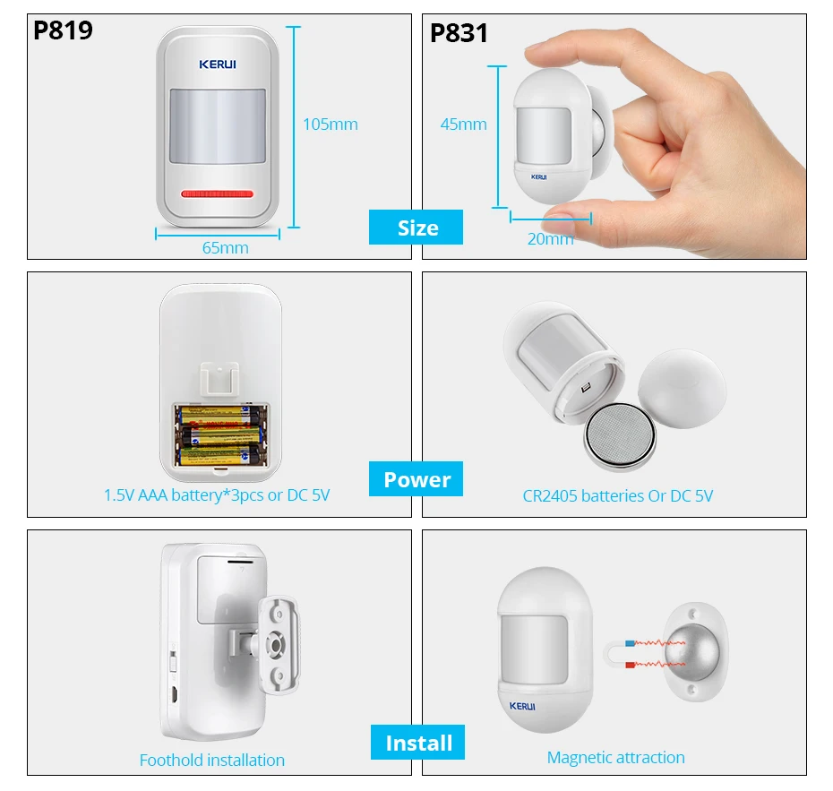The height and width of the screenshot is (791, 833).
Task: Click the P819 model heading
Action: tap(63, 30)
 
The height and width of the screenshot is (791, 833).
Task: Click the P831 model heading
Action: tap(459, 33)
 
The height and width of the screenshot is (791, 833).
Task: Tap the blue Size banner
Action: tap(416, 228)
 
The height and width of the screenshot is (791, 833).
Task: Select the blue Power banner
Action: tap(416, 479)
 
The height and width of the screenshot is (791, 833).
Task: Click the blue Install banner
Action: tap(418, 743)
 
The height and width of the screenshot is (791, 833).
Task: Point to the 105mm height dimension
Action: tap(330, 125)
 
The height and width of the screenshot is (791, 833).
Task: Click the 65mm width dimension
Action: tap(225, 247)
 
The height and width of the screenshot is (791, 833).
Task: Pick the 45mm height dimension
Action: tap(463, 125)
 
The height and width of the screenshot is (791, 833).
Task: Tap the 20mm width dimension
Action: tap(550, 238)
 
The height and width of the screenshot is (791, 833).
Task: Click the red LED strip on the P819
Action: tap(218, 193)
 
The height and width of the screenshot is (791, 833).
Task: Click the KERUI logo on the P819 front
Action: tap(218, 64)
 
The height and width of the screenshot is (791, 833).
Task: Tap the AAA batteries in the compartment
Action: tap(220, 434)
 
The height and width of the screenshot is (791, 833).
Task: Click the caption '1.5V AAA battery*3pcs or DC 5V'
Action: tap(217, 494)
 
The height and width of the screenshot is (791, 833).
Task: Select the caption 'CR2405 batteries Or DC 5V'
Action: tap(617, 495)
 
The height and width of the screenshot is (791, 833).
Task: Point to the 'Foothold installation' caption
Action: tap(212, 760)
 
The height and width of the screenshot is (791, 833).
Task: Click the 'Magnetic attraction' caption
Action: tap(615, 757)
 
